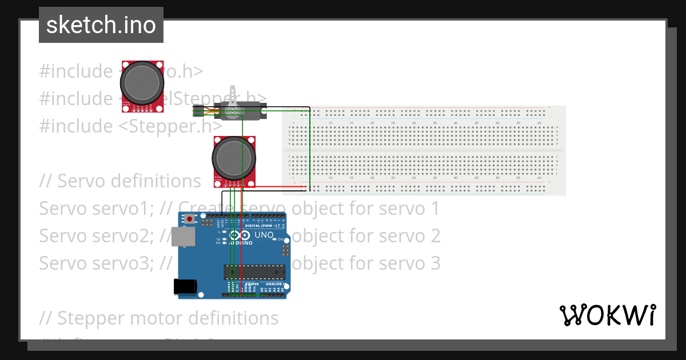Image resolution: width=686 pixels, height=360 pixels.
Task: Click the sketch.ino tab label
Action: pyautogui.click(x=101, y=25)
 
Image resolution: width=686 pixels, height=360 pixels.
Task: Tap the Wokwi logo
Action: pyautogui.click(x=607, y=315)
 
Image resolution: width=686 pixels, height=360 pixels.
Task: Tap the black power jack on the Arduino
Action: pyautogui.click(x=185, y=286)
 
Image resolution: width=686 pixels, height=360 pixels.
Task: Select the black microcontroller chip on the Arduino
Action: pyautogui.click(x=254, y=274)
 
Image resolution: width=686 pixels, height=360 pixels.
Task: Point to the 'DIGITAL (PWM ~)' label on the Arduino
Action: pyautogui.click(x=260, y=226)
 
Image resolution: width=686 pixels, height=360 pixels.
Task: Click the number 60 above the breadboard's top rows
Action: pyautogui.click(x=539, y=123)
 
